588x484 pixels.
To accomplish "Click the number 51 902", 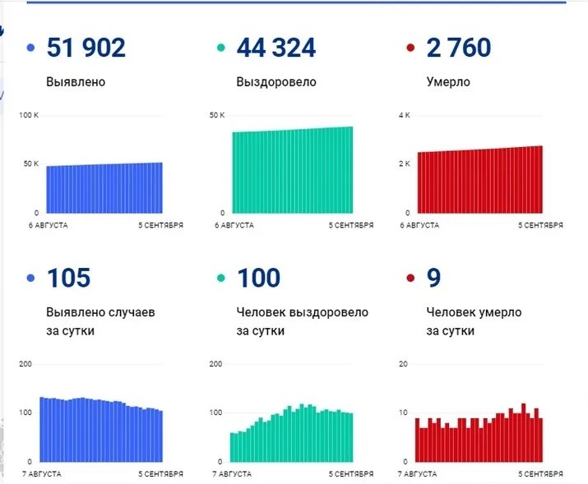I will click(x=86, y=48).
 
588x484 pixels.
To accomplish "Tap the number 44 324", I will click(x=275, y=48).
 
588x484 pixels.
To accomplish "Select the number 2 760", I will click(x=459, y=48).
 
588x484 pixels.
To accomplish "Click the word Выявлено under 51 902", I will click(x=76, y=82).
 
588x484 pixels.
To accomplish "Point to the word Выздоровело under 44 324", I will click(x=276, y=82).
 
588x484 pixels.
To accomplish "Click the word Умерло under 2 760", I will click(x=448, y=82).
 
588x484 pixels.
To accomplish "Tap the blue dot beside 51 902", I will click(x=31, y=48).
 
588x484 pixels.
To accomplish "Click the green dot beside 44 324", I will click(x=220, y=48).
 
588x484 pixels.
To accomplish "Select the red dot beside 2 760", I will click(x=410, y=48).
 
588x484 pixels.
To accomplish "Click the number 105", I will click(x=68, y=278).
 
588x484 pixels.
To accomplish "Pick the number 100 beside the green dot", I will click(x=258, y=278).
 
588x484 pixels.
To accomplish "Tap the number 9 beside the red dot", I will click(x=434, y=278).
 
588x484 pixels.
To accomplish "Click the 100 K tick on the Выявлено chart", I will click(x=29, y=115).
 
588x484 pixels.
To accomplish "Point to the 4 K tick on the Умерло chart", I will click(x=405, y=115).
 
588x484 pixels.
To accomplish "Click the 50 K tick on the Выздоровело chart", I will click(x=217, y=115).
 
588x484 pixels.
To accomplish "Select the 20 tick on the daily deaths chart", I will click(x=403, y=364).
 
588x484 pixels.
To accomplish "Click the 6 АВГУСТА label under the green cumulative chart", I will click(x=234, y=224).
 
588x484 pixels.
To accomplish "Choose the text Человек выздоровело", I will click(x=303, y=313).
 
